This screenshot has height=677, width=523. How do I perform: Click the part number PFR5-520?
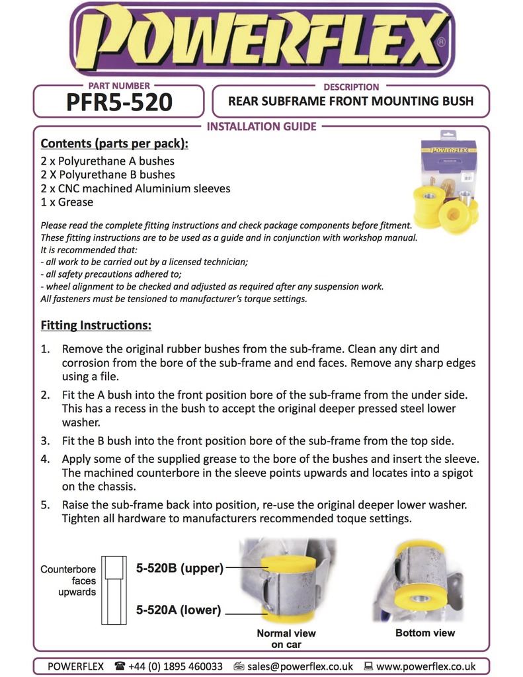click(119, 102)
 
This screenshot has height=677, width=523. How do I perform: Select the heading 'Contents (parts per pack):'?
click(114, 143)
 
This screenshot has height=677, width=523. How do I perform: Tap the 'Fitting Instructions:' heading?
click(96, 325)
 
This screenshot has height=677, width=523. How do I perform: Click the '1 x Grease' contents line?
click(67, 202)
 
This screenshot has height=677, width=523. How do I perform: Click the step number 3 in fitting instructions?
click(45, 440)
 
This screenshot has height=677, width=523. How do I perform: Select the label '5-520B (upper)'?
click(179, 567)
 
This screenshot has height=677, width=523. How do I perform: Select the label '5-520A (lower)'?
click(178, 610)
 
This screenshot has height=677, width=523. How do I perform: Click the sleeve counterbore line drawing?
click(113, 589)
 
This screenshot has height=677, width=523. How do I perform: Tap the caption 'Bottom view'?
click(425, 633)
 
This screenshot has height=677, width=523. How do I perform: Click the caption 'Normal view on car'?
click(286, 639)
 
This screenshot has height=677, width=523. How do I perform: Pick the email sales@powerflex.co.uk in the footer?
click(300, 666)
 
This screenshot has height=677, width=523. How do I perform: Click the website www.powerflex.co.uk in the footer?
click(426, 666)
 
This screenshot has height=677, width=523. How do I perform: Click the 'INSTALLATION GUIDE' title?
click(262, 126)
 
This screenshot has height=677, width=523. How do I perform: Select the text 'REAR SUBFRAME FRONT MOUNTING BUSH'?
click(350, 101)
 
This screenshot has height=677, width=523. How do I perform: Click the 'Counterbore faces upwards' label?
click(68, 580)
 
